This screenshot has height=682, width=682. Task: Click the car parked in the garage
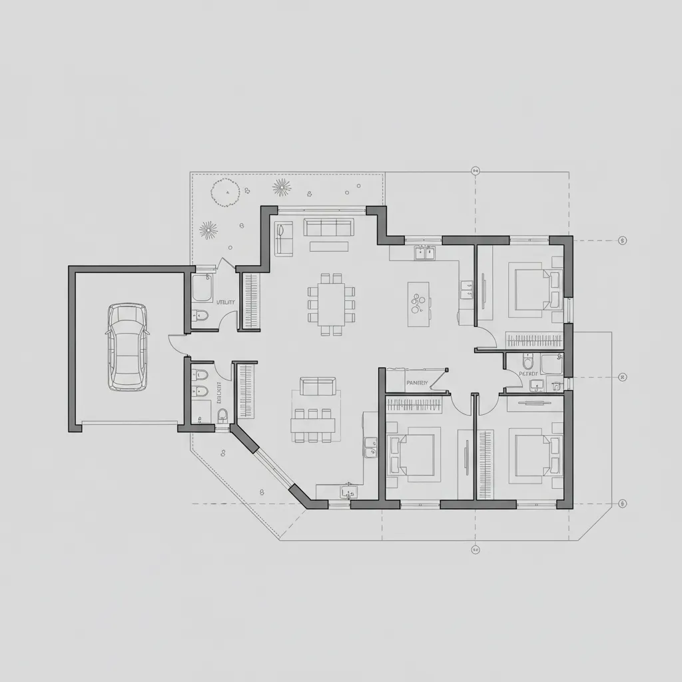coord(127,347)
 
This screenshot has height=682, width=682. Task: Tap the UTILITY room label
coord(226,302)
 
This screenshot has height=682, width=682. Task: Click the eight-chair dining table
coord(331,304)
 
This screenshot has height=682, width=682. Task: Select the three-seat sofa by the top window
coord(328,227)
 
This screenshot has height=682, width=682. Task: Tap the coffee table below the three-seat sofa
coord(328,246)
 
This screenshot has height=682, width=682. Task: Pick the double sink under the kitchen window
coord(424,252)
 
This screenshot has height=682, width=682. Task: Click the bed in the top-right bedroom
coord(534,288)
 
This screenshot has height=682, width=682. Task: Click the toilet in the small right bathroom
coord(528,363)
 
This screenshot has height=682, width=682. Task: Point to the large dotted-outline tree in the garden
coord(224,192)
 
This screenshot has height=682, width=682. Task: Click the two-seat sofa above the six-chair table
coord(318,386)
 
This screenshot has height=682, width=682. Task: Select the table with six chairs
coord(311,424)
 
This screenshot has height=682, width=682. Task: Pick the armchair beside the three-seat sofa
coord(284,238)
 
